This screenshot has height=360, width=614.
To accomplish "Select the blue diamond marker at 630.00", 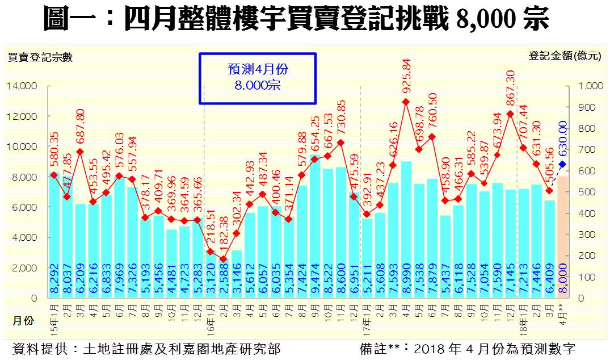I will point(562,165).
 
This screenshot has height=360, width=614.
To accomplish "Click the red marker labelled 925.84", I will point(406,102).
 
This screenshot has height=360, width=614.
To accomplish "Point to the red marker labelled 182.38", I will point(223,259).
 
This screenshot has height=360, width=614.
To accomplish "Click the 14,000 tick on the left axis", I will point(22,86).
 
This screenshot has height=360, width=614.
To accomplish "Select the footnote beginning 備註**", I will point(468,348).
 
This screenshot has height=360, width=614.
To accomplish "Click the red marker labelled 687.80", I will point(80,152).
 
